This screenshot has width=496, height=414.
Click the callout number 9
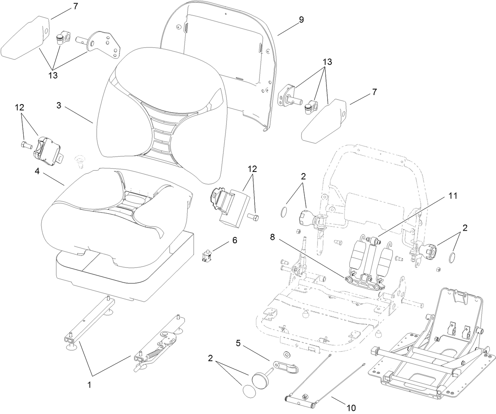pos(301,20)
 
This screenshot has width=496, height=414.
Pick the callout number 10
pos(351,406)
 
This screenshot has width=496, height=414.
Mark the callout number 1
pos(90,385)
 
